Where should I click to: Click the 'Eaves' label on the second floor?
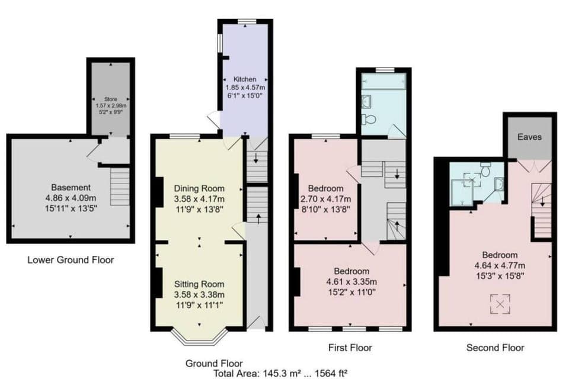coord(529,137)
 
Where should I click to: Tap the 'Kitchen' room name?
coord(245,79)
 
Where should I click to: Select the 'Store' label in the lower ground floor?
coord(111,99)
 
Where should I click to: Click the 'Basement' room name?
coord(71,188)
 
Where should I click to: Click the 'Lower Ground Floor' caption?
coord(71,259)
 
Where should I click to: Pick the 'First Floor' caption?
coord(350,347)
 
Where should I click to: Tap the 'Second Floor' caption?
coord(495,348)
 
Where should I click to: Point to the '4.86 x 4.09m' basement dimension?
coord(71,198)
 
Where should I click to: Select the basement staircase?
coord(120,186)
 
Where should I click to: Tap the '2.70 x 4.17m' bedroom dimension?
coord(325,199)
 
